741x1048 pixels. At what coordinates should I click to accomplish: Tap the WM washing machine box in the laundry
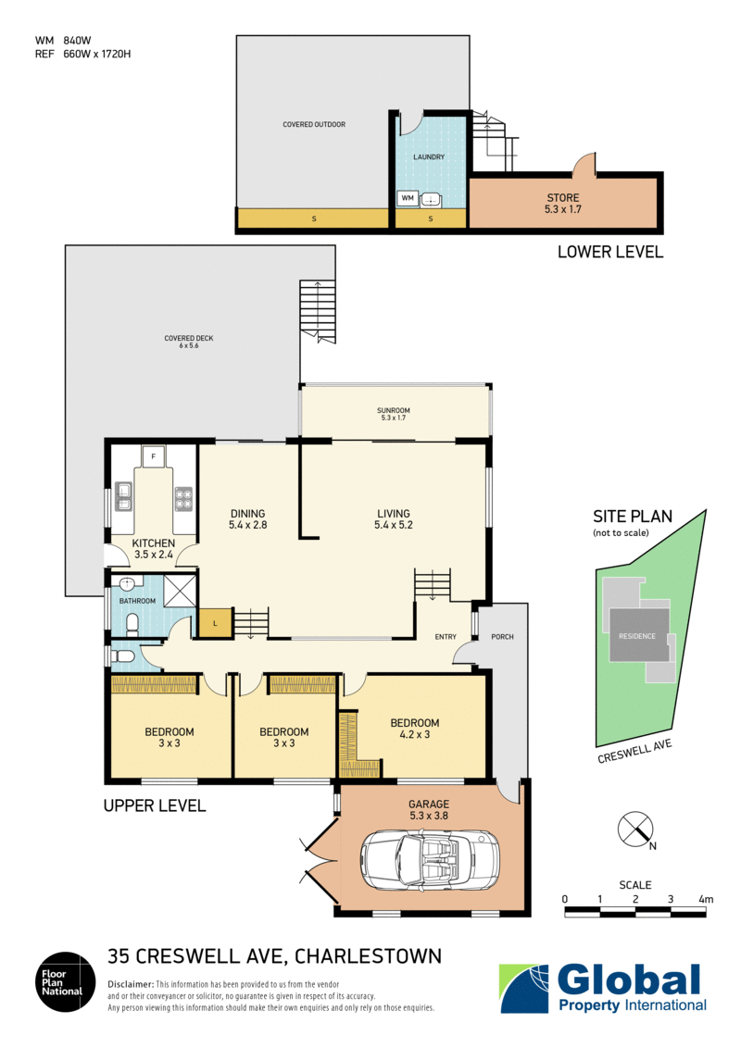[x=407, y=198]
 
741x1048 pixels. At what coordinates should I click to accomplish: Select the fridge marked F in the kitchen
[x=154, y=455]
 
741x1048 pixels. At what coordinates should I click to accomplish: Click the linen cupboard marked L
[x=214, y=623]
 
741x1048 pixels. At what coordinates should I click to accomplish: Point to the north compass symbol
[x=634, y=827]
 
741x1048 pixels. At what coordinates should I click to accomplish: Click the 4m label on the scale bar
[x=707, y=899]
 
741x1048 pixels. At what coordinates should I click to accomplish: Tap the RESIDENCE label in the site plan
[x=637, y=636]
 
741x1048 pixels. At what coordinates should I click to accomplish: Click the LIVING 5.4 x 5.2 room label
[x=394, y=520]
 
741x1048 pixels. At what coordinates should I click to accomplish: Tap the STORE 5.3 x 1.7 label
[x=562, y=204]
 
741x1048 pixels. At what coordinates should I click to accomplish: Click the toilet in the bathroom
[x=132, y=621]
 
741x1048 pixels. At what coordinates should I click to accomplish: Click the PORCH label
[x=502, y=637]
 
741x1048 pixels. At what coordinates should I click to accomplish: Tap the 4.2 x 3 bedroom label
[x=414, y=730]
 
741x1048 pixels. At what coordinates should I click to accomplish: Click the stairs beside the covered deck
[x=316, y=312]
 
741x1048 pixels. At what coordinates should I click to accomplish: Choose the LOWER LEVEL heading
[x=609, y=251]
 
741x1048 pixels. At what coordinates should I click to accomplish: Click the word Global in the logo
[x=631, y=979]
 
